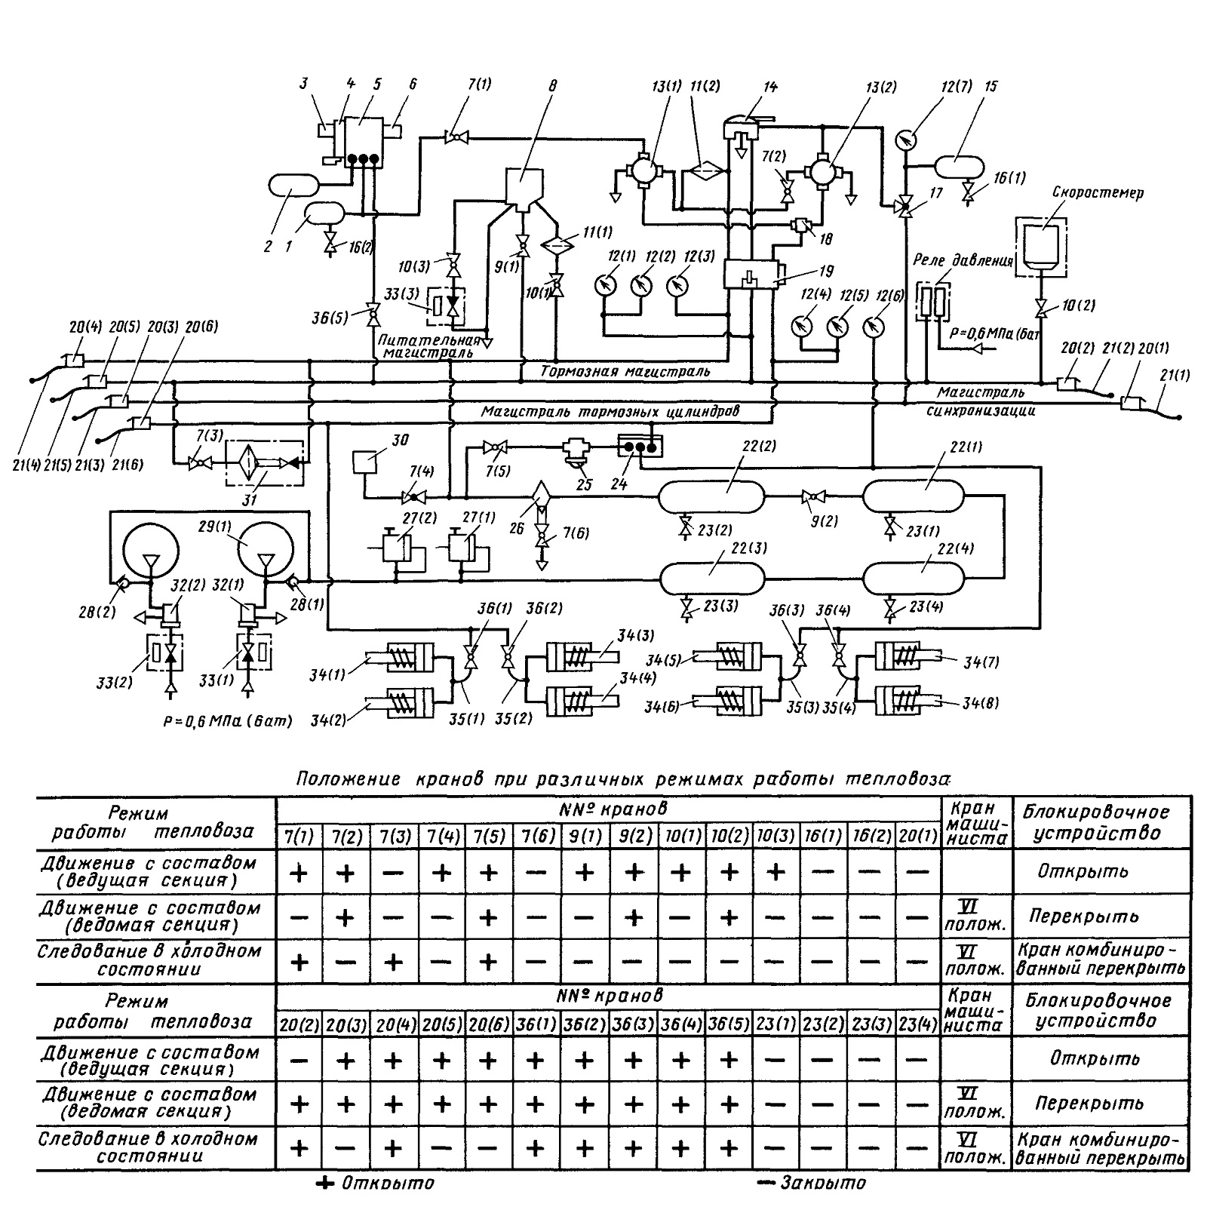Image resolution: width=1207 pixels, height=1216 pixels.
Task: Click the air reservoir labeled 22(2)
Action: (x=711, y=497)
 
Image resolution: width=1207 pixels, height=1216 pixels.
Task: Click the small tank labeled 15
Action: (x=959, y=164)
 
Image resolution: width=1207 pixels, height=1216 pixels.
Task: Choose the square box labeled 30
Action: (x=365, y=462)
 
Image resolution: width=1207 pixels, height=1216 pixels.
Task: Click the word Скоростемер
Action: (x=1098, y=192)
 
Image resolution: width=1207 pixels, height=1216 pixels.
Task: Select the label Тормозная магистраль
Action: (x=625, y=371)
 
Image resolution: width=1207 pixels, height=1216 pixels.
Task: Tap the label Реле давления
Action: (x=963, y=262)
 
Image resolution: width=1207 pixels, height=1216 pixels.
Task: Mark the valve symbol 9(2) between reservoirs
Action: (x=814, y=496)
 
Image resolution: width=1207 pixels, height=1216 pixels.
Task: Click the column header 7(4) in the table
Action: (x=441, y=837)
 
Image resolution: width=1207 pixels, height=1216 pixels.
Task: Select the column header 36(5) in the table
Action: (x=729, y=1025)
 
